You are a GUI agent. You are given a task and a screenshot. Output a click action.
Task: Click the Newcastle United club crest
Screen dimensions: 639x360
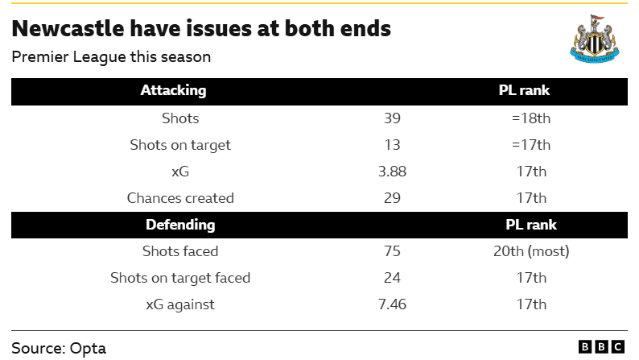click(x=595, y=39)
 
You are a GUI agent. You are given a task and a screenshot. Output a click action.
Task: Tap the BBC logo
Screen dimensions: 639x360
click(x=601, y=347)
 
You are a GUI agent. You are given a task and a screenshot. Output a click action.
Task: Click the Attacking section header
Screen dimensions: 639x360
click(x=173, y=90)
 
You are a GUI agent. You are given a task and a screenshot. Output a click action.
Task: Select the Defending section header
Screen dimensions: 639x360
click(x=180, y=225)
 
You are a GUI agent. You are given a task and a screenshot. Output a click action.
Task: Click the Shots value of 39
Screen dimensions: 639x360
click(x=392, y=118)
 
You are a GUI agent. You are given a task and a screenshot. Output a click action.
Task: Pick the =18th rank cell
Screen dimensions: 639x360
click(x=531, y=118)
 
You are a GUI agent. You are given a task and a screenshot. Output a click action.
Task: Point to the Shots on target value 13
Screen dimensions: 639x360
click(x=392, y=145)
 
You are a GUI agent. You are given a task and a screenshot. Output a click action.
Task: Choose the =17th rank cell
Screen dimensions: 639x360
click(x=531, y=145)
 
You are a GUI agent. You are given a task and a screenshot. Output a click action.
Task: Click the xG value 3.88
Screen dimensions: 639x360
click(x=392, y=172)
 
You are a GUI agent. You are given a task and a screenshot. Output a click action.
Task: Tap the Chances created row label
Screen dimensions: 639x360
click(x=180, y=198)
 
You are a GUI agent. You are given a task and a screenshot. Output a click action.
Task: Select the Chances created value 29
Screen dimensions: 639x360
click(x=392, y=198)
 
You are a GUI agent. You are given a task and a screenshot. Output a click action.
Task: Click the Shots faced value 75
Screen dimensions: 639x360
click(x=392, y=251)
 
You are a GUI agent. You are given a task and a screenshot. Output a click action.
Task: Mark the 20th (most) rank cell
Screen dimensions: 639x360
click(x=531, y=251)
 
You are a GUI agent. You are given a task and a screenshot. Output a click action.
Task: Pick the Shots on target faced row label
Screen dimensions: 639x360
click(x=180, y=278)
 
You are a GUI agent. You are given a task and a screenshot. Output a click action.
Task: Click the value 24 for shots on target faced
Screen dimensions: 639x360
click(x=392, y=278)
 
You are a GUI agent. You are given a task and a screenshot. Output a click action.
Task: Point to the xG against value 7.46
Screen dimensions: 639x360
click(x=392, y=304)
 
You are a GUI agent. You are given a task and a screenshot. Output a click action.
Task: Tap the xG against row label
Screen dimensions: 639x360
click(x=180, y=305)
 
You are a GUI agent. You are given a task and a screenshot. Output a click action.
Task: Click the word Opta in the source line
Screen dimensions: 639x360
click(x=88, y=349)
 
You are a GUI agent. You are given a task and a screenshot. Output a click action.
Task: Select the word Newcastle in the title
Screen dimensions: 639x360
click(x=68, y=28)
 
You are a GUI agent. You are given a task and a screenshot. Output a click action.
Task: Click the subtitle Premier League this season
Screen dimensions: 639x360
click(x=111, y=57)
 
